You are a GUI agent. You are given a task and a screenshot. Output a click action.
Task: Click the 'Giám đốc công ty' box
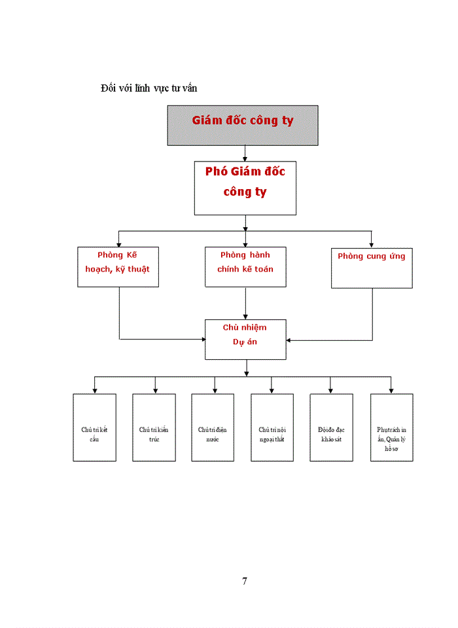click(x=243, y=125)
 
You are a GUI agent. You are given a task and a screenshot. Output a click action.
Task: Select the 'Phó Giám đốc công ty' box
click(x=245, y=188)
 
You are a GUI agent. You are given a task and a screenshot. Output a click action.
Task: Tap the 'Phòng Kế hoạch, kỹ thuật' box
click(x=118, y=266)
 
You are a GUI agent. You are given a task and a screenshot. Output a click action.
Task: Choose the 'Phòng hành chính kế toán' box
click(x=245, y=266)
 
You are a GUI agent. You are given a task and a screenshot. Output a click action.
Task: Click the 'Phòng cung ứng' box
click(x=372, y=268)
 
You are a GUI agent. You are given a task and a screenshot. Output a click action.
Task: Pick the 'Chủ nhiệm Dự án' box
click(x=245, y=339)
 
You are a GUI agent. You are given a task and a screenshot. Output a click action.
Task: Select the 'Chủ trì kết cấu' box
click(x=94, y=427)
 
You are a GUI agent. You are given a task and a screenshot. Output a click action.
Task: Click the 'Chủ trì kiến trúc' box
click(x=154, y=427)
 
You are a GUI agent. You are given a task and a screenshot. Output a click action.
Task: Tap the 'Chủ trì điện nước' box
click(x=213, y=427)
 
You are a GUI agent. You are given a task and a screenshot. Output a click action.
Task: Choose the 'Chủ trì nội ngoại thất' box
click(x=272, y=427)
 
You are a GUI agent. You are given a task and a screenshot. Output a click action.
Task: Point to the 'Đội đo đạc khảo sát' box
click(x=331, y=427)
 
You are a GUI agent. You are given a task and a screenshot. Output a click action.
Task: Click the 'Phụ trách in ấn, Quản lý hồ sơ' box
click(x=391, y=427)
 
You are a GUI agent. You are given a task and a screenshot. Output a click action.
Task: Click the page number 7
click(x=245, y=581)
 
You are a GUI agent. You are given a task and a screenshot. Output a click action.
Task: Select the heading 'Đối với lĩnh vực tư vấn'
click(x=149, y=88)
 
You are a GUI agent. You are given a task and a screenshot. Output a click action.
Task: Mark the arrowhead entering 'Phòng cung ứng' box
click(x=372, y=244)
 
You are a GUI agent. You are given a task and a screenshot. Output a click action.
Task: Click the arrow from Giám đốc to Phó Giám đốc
click(x=245, y=153)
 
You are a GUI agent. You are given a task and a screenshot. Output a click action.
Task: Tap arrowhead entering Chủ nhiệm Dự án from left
click(x=202, y=339)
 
